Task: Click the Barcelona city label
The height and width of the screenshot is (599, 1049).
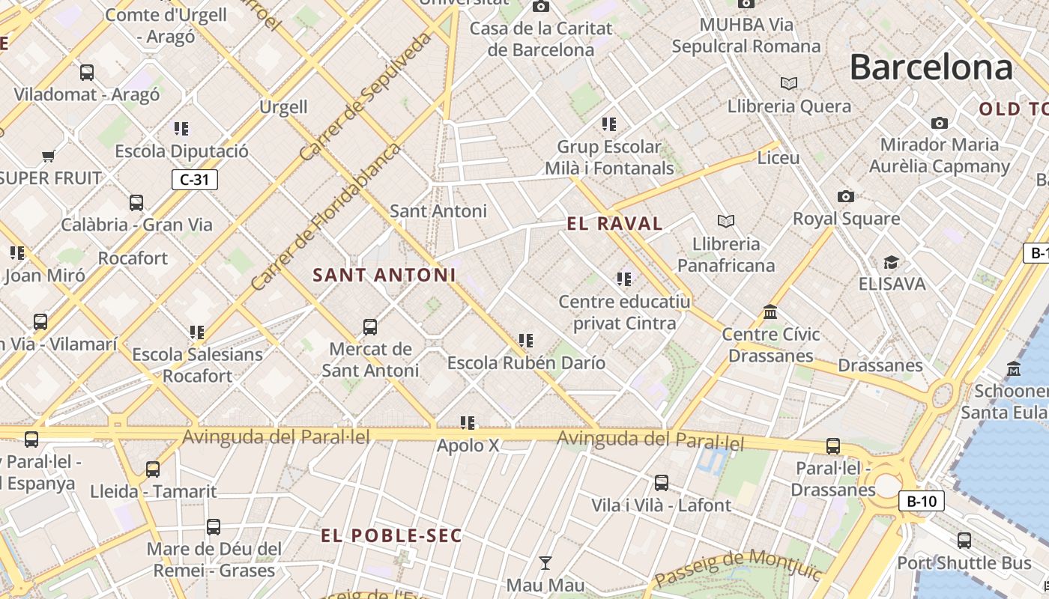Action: point(931,67)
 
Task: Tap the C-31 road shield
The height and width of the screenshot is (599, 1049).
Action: point(194,180)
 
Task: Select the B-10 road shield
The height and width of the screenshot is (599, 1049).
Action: point(921,502)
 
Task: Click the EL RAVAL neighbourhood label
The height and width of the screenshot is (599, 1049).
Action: point(614,223)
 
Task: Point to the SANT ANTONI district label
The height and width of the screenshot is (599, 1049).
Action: point(384,275)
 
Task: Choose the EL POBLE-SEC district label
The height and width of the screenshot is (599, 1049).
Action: point(392,536)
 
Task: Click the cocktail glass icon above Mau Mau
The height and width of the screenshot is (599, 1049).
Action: point(545,562)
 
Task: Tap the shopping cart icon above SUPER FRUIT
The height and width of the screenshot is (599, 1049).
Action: point(49,156)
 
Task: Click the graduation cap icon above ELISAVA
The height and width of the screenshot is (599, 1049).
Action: point(891,262)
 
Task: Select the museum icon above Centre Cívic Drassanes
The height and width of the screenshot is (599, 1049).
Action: point(770,311)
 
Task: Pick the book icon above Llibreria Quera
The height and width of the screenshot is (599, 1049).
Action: point(788,83)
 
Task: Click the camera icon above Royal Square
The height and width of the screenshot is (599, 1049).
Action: point(846,196)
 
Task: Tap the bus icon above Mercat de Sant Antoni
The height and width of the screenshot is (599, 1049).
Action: point(370,326)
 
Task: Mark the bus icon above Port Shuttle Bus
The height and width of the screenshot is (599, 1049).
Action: point(964,540)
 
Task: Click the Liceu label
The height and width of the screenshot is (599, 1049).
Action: point(779,158)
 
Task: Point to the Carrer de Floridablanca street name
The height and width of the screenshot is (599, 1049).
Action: point(325,218)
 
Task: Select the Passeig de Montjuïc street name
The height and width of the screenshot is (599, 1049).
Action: point(738,569)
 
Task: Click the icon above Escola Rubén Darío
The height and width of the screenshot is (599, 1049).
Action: point(526,341)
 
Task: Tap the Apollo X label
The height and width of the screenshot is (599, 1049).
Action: point(468,446)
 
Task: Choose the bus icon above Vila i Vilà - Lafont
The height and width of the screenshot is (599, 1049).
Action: point(662,483)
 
